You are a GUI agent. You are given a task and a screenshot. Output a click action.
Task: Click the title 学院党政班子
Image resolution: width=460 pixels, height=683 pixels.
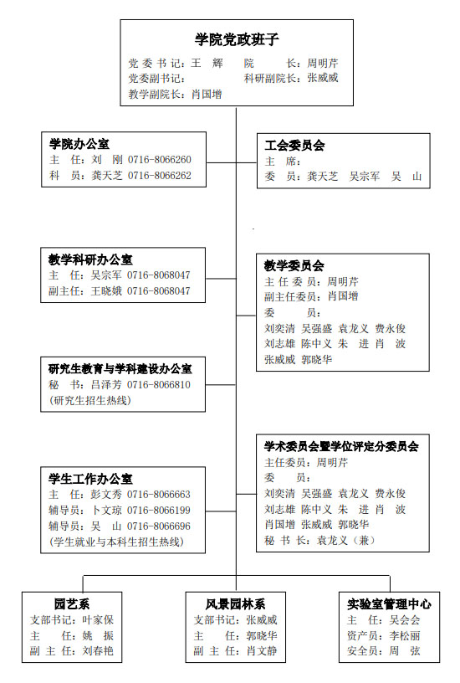click(237, 39)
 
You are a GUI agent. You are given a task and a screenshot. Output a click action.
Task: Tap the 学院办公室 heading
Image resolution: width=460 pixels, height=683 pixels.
click(79, 144)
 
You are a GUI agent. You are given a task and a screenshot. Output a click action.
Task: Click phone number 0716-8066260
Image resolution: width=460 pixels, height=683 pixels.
click(159, 160)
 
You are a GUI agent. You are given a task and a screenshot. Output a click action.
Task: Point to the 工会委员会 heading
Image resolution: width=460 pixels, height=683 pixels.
click(294, 146)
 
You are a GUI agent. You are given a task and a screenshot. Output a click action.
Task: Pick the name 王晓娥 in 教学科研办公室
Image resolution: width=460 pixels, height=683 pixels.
click(106, 291)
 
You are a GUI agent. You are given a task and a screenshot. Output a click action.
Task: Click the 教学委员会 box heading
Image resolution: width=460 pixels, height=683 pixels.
click(294, 265)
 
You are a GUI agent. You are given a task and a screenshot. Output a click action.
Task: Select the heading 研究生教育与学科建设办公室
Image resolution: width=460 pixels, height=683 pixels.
click(120, 369)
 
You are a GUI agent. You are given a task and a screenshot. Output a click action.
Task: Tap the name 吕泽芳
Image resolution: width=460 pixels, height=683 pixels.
click(106, 385)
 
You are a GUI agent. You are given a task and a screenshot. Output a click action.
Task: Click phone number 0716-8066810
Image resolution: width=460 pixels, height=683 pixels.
click(158, 385)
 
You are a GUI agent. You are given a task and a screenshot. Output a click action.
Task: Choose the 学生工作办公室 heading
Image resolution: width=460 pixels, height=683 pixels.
click(90, 479)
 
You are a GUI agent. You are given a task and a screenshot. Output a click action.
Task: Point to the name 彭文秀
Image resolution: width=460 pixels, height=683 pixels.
click(106, 495)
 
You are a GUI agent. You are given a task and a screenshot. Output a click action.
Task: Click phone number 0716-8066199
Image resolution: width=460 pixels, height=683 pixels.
click(158, 510)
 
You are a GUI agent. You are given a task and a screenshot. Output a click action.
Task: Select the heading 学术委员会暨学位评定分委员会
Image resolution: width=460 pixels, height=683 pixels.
click(341, 446)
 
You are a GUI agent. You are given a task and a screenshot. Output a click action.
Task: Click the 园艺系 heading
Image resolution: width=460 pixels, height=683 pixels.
click(72, 604)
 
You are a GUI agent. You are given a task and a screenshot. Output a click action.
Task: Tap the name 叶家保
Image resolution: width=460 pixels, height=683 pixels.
click(98, 620)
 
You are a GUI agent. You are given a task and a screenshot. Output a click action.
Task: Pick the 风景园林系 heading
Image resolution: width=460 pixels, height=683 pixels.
click(236, 604)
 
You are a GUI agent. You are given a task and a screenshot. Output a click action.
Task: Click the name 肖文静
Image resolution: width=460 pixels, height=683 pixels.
click(262, 651)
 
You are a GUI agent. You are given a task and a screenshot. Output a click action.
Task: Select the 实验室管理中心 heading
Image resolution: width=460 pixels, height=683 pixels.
click(389, 604)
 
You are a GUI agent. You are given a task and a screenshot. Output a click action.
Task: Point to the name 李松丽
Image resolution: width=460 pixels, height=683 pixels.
click(405, 635)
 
